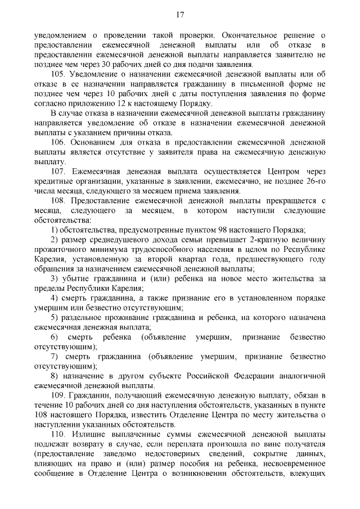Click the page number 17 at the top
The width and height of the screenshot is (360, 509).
180,14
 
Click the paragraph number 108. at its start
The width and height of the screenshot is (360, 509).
58,201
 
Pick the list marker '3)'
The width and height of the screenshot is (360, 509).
55,279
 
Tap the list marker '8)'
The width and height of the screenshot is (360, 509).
55,376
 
